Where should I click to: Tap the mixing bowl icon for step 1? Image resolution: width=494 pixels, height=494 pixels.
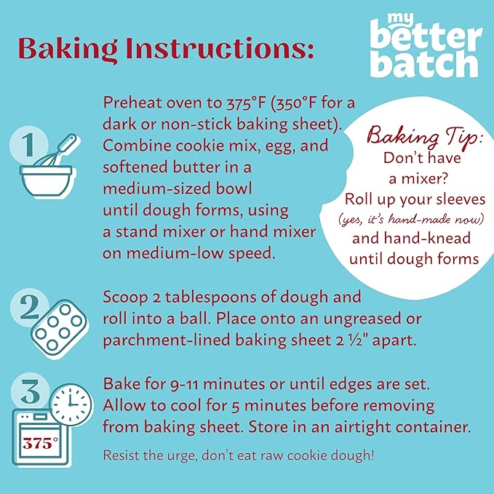pos(47,180)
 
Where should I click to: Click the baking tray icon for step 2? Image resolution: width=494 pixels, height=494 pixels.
pos(60,329)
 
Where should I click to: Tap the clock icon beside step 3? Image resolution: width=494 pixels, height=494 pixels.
pos(71,405)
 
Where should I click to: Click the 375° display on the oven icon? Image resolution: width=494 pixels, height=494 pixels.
pos(40,443)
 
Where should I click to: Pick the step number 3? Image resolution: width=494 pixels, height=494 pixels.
pos(31,391)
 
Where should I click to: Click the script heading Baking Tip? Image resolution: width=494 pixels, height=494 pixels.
pos(424,136)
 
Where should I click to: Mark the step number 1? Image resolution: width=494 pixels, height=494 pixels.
pos(29,145)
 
